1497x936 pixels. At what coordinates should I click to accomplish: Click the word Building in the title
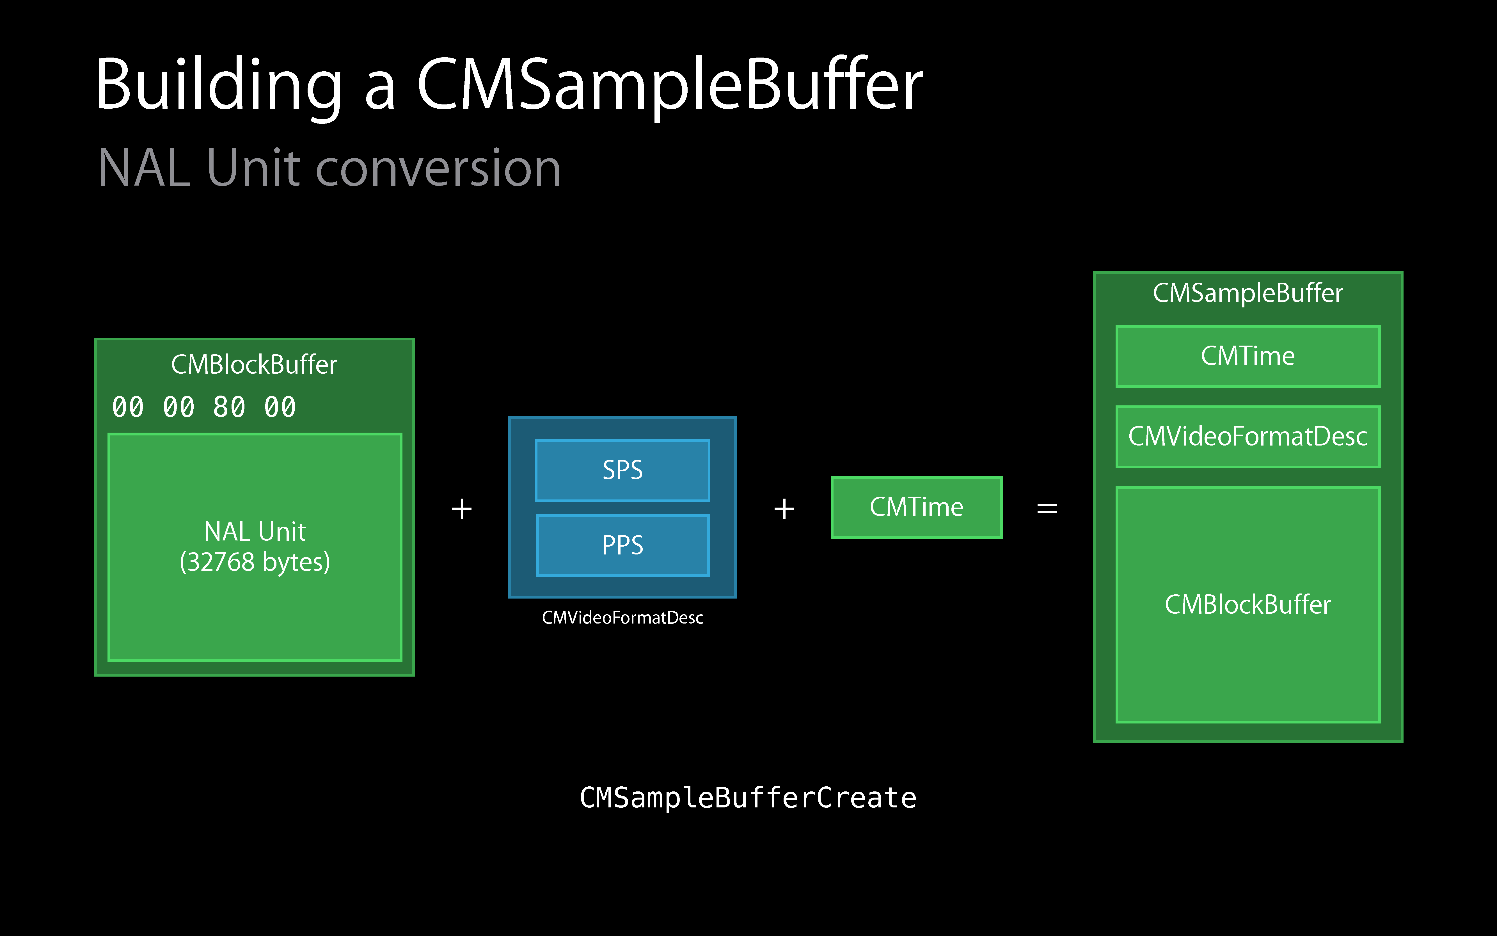pos(219,87)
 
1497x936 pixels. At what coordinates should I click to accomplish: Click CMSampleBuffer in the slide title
pos(670,87)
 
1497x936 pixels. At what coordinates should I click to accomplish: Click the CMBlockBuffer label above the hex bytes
pos(254,365)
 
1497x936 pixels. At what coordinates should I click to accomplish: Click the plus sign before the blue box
pos(462,509)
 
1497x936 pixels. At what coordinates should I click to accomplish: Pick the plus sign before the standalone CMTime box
pos(784,509)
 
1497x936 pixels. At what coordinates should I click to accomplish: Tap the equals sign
pos(1047,509)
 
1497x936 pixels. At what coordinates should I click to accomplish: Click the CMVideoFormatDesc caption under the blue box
pos(622,618)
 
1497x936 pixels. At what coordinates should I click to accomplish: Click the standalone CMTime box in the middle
pos(917,507)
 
